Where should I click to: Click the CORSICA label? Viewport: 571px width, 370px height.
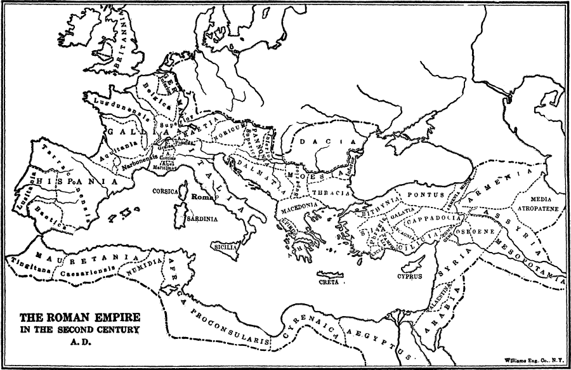pos(163,190)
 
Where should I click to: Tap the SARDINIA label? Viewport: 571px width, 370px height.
pos(202,218)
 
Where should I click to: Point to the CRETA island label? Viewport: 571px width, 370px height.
pos(329,282)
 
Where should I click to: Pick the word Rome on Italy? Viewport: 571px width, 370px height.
pos(200,197)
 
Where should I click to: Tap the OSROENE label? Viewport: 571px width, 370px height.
pos(481,232)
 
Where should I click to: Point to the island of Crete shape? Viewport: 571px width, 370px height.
pos(331,275)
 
